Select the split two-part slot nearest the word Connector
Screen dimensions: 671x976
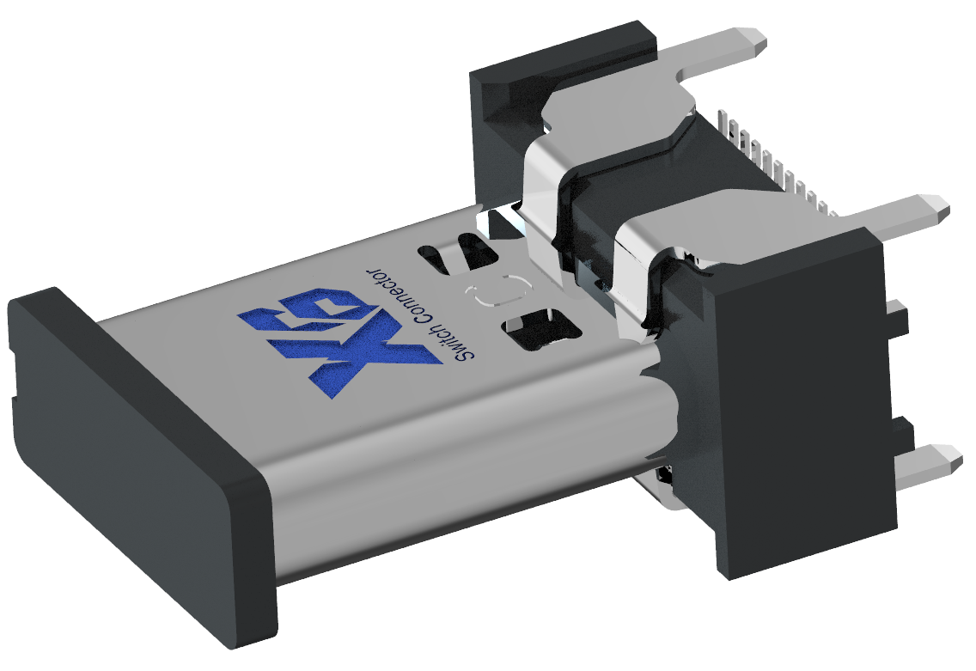click(460, 254)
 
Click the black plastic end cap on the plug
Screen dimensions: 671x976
click(129, 455)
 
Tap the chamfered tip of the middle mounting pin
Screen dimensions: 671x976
click(941, 206)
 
